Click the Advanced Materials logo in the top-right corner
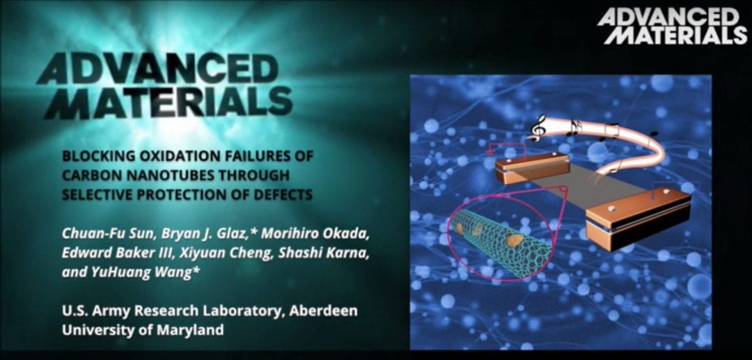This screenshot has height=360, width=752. tap(671, 27)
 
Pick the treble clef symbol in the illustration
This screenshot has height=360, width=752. tap(538, 128)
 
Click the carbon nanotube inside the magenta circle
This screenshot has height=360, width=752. tap(501, 243)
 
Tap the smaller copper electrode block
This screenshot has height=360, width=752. tap(532, 169)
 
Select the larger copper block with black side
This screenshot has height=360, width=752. tap(639, 218)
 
